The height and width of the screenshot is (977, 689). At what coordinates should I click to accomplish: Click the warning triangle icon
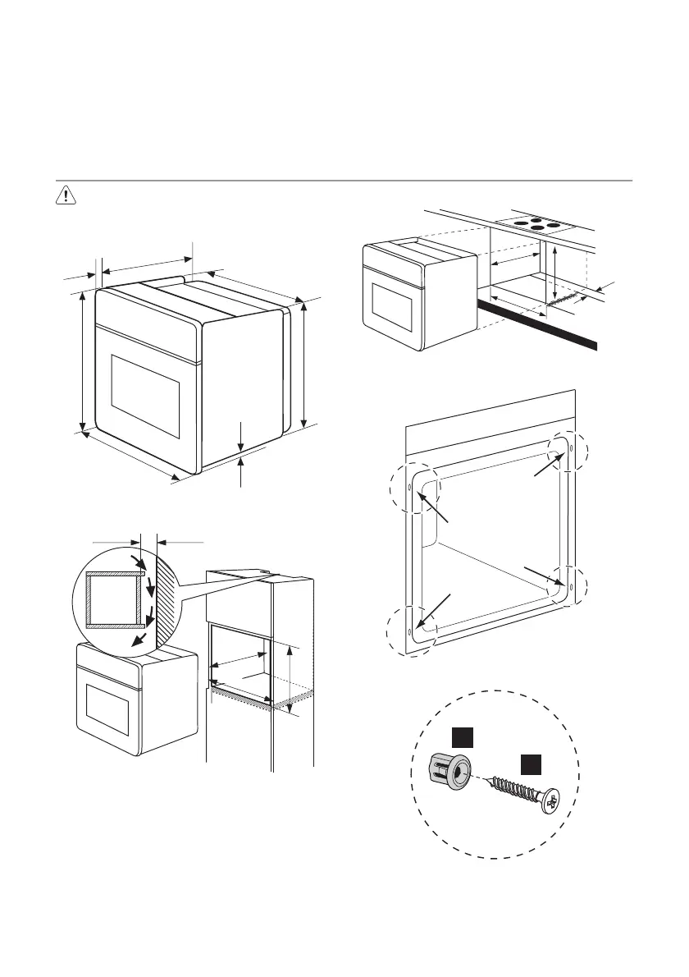pyautogui.click(x=64, y=195)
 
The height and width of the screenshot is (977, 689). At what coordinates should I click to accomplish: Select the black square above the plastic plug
pyautogui.click(x=462, y=737)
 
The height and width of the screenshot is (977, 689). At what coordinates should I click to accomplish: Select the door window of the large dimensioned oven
pyautogui.click(x=146, y=396)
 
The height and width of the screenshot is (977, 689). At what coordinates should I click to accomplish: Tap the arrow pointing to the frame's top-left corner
pyautogui.click(x=435, y=508)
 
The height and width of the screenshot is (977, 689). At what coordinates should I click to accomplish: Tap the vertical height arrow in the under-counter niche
pyautogui.click(x=557, y=274)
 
